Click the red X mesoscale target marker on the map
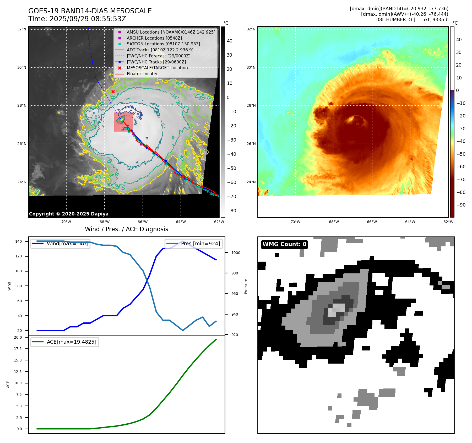pos(113,91)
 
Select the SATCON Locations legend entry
pos(163,44)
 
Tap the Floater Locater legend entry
pos(142,74)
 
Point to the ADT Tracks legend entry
pos(160,50)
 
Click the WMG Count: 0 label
pos(284,244)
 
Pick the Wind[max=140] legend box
pos(60,244)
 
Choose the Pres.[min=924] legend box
pos(194,244)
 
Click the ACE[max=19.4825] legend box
pos(64,342)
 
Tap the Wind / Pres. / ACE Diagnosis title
pos(126,229)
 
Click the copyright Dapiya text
pos(69,214)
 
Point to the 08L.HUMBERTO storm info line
pos(412,20)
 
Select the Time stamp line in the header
pos(77,19)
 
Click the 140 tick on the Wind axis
pos(19,241)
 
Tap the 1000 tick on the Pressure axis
pos(236,253)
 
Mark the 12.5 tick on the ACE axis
pos(18,371)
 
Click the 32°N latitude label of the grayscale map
pos(22,29)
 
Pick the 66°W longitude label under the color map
pos(372,222)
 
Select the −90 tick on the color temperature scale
pos(460,205)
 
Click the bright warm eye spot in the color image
pos(350,120)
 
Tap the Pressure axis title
pos(246,286)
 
